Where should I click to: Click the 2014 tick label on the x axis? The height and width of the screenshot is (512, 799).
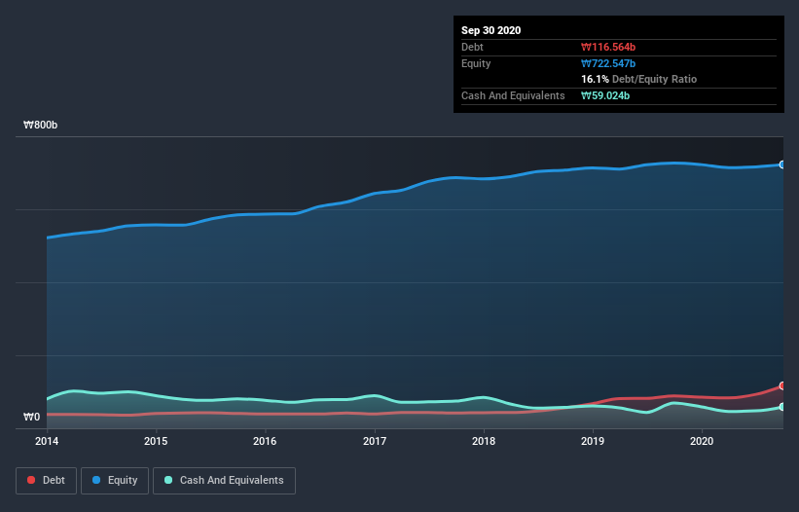click(47, 441)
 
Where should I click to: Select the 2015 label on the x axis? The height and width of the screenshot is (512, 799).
click(156, 441)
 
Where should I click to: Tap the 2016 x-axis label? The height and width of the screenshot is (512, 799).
click(265, 441)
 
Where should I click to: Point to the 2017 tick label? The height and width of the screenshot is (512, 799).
click(374, 441)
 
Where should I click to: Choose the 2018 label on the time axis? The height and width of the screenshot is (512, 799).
click(483, 441)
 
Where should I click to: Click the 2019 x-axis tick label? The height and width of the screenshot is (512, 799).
click(592, 441)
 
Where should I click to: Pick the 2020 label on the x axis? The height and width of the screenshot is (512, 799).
click(701, 441)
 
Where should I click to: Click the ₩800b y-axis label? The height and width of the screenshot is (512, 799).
click(41, 126)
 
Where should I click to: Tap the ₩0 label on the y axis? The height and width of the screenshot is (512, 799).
click(32, 418)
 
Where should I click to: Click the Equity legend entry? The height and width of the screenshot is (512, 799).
click(115, 480)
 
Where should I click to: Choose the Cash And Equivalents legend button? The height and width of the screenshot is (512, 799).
click(224, 480)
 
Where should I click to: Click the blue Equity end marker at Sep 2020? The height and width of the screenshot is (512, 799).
click(782, 165)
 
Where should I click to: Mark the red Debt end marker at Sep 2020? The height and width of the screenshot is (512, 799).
click(782, 386)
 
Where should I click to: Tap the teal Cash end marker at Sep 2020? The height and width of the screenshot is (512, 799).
click(782, 407)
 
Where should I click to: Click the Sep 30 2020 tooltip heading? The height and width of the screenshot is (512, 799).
click(491, 30)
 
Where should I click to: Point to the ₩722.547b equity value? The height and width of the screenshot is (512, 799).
click(610, 63)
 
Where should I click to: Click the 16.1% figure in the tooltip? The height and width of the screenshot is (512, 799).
click(595, 79)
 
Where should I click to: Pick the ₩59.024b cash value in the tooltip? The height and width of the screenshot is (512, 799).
click(607, 95)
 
